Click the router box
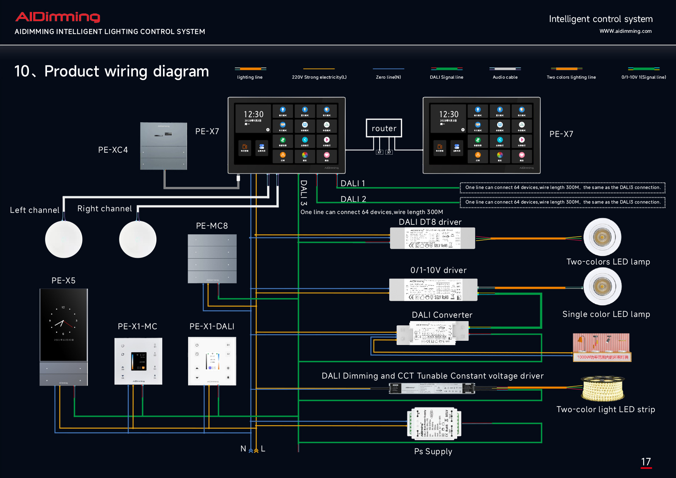pyautogui.click(x=384, y=128)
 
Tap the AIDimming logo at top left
pyautogui.click(x=58, y=17)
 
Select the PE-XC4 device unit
pyautogui.click(x=163, y=146)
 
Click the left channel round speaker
pyautogui.click(x=64, y=239)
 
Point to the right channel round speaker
pyautogui.click(x=138, y=239)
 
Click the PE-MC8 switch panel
pyautogui.click(x=212, y=259)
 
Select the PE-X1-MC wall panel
pyautogui.click(x=138, y=361)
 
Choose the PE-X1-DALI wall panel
pyautogui.click(x=212, y=361)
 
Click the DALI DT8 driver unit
pyautogui.click(x=432, y=238)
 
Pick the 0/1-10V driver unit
pyautogui.click(x=433, y=289)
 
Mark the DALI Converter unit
pyautogui.click(x=432, y=333)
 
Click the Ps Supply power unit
pyautogui.click(x=434, y=424)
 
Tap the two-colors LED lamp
pyautogui.click(x=602, y=237)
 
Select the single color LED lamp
pyautogui.click(x=602, y=286)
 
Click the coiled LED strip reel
pyautogui.click(x=603, y=389)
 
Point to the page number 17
pyautogui.click(x=646, y=462)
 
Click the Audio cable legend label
pyautogui.click(x=505, y=77)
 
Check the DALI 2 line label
pyautogui.click(x=353, y=199)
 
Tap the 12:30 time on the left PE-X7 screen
pyautogui.click(x=254, y=114)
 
